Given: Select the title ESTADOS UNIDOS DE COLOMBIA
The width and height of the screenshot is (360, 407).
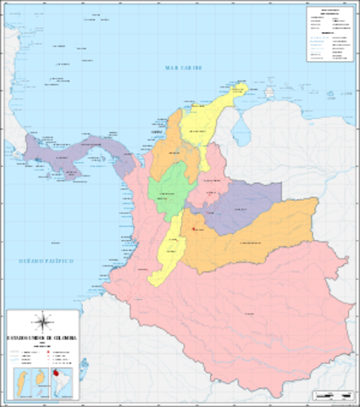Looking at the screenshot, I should (42, 338).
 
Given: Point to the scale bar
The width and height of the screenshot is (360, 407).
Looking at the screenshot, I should (332, 394).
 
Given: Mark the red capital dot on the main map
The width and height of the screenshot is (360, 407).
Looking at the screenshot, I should (194, 228).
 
